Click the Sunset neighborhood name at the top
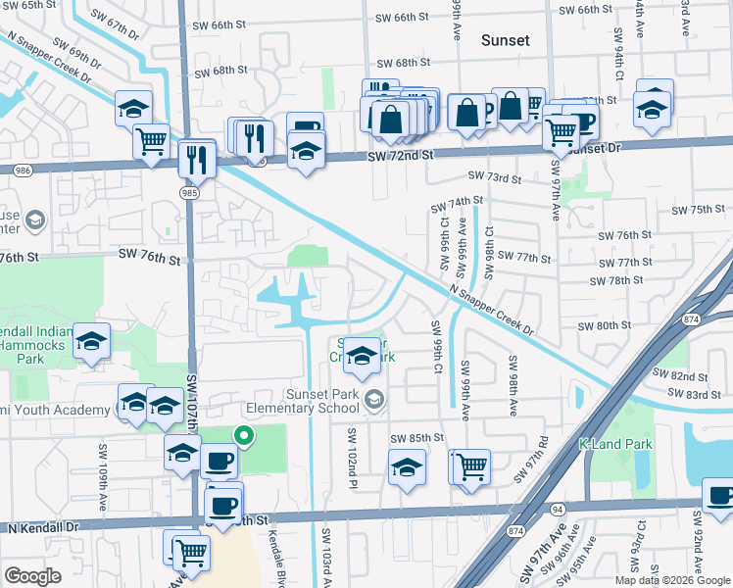[505, 40]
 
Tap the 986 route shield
[23, 170]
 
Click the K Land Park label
[616, 444]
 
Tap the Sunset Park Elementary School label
[309, 401]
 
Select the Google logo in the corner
[33, 576]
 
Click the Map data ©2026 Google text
[672, 580]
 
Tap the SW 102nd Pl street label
[349, 450]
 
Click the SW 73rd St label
[493, 177]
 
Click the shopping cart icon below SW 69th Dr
[152, 141]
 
